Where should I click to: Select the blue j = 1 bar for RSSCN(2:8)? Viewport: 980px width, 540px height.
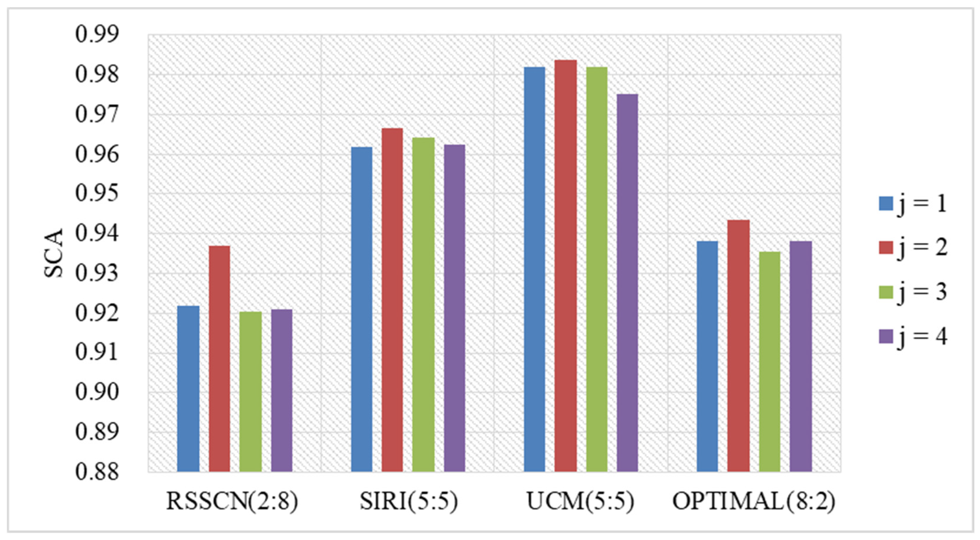tap(188, 389)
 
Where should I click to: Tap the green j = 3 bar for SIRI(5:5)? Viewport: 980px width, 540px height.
tap(423, 305)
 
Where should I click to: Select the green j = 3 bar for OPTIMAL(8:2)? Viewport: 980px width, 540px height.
tap(770, 362)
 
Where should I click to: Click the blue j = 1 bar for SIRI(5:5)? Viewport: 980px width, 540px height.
tap(362, 309)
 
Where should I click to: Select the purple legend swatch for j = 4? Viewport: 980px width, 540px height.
tap(886, 336)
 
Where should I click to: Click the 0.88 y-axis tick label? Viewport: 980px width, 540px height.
tap(97, 472)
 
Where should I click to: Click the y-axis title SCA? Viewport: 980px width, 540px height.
tap(53, 253)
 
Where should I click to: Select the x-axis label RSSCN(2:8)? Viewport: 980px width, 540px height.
tap(232, 501)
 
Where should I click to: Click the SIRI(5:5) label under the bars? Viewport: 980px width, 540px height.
tap(409, 501)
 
